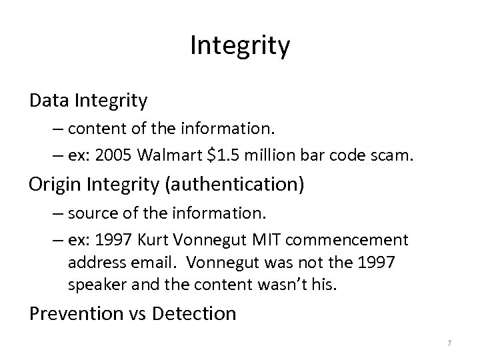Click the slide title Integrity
pyautogui.click(x=240, y=46)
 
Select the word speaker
pyautogui.click(x=94, y=285)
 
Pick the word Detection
pyautogui.click(x=197, y=313)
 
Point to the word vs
pyautogui.click(x=141, y=314)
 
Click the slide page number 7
pyautogui.click(x=449, y=343)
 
